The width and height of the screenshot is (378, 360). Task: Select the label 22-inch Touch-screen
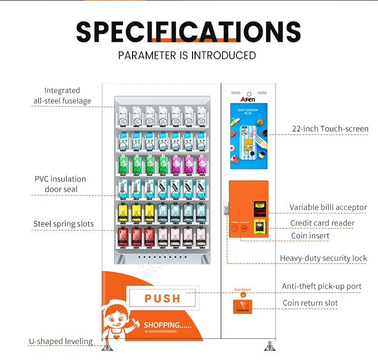coord(330,129)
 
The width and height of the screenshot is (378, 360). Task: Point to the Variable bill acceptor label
coord(328,207)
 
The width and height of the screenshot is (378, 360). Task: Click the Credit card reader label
coord(322,223)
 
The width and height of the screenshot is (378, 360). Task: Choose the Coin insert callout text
coord(310,236)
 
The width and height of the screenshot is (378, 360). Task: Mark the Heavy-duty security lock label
coord(324,258)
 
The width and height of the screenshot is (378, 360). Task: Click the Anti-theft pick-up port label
coord(322,286)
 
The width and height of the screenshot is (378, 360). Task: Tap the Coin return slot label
coord(310,303)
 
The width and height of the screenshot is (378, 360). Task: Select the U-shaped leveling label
coord(60,341)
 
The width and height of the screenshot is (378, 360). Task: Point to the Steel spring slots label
coord(64,224)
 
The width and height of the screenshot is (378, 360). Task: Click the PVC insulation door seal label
coord(60,184)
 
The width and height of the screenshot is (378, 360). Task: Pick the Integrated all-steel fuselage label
coord(62,95)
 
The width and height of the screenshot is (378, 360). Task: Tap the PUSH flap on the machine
coord(162,298)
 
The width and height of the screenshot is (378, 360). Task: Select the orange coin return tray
coord(243,306)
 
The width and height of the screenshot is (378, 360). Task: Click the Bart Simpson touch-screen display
coord(249,136)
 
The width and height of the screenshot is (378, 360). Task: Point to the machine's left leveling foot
coord(107,346)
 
